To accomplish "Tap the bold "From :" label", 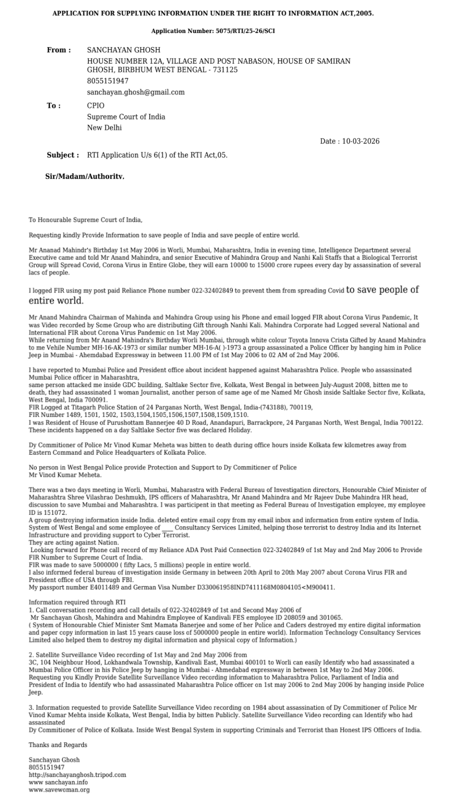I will click(59, 50).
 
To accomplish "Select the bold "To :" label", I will click(54, 106).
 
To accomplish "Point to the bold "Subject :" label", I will click(63, 155).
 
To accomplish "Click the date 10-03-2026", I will click(361, 141).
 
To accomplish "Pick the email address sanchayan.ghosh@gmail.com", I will click(136, 92).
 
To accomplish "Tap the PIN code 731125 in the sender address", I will click(225, 70).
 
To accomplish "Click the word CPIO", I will click(96, 106).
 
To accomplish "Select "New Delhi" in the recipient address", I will click(104, 128).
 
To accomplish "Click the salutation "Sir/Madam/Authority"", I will click(85, 176).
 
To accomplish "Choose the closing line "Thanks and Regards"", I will click(58, 745).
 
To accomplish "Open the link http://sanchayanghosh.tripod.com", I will click(77, 775).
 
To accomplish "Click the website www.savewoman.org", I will click(59, 790).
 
